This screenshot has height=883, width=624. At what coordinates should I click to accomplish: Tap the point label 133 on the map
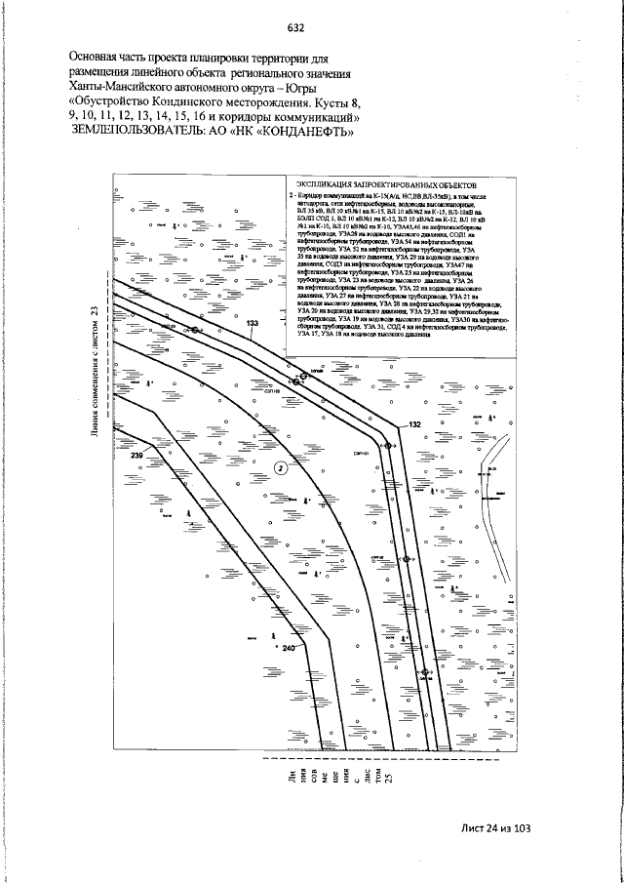(x=253, y=323)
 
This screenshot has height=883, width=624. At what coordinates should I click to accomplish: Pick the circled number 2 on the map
(x=281, y=467)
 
